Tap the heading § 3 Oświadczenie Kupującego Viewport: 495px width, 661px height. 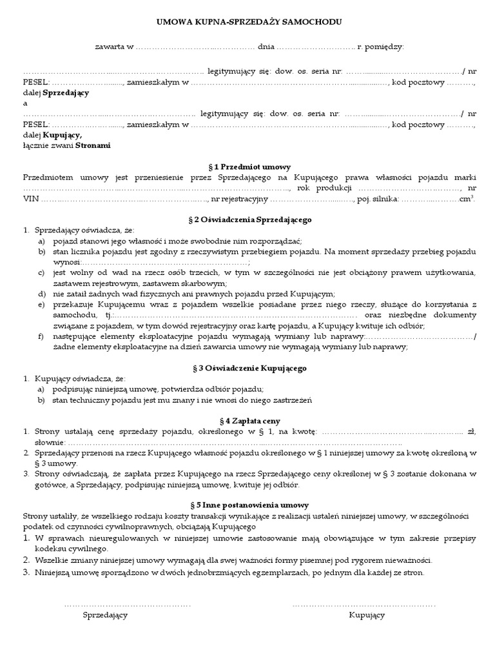pyautogui.click(x=249, y=367)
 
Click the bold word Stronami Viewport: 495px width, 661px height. pyautogui.click(x=93, y=145)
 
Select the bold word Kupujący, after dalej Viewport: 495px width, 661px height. pyautogui.click(x=63, y=135)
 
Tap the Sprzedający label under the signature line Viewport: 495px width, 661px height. pyautogui.click(x=105, y=615)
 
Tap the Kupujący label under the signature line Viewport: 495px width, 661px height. pyautogui.click(x=367, y=615)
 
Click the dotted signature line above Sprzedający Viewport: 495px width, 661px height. pyautogui.click(x=128, y=605)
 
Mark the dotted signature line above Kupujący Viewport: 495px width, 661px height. pyautogui.click(x=364, y=605)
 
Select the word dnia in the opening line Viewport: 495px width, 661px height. pyautogui.click(x=266, y=47)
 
